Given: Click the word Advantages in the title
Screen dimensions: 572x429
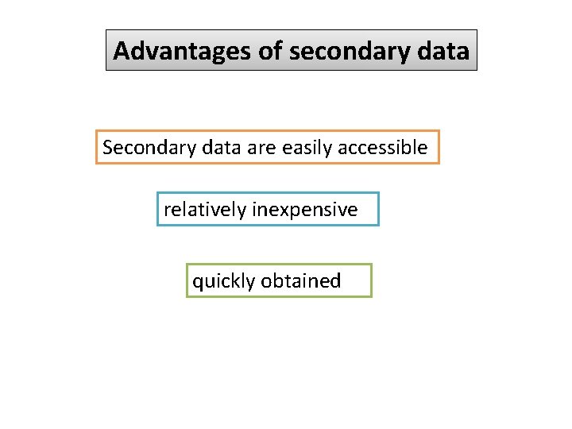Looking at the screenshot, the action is (183, 52).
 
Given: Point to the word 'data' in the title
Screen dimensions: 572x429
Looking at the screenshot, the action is (446, 52).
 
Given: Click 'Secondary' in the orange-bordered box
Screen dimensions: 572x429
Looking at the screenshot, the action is (145, 148).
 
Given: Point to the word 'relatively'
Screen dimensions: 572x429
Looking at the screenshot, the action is (205, 210).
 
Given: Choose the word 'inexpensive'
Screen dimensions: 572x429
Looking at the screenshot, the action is (304, 210).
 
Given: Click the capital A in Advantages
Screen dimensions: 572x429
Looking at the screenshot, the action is (122, 52).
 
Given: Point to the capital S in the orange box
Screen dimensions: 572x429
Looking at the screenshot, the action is (108, 148).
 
